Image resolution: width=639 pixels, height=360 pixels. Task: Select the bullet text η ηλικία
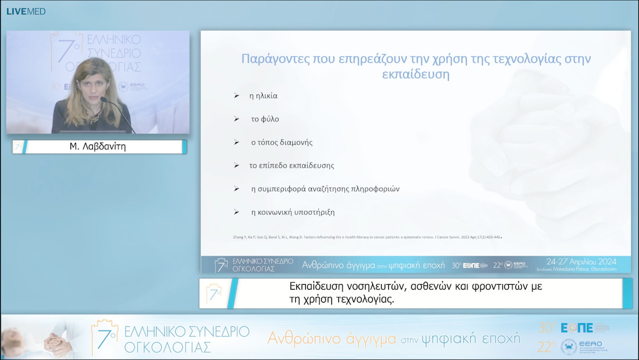[x=263, y=96]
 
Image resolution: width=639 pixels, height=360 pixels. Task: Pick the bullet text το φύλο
[x=265, y=119]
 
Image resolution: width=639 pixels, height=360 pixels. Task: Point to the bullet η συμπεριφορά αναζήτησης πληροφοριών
[x=325, y=189]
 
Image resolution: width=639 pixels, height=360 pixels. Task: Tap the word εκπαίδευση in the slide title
[x=415, y=75]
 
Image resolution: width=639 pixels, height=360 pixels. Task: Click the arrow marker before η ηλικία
[x=237, y=96]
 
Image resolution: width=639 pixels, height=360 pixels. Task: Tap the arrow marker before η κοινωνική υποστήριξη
[x=237, y=212]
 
